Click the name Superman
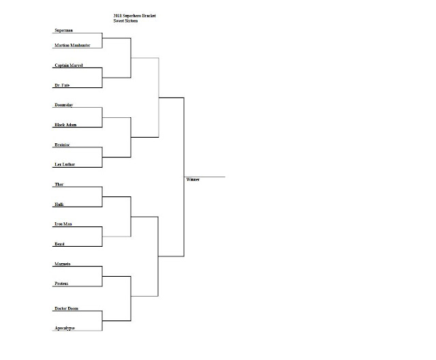click(x=64, y=31)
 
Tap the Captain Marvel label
click(x=69, y=65)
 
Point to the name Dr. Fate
click(x=63, y=85)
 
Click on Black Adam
click(x=66, y=125)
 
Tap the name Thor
click(x=59, y=185)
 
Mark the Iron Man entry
click(x=63, y=224)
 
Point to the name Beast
click(x=61, y=244)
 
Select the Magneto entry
click(x=63, y=263)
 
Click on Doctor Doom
click(x=67, y=309)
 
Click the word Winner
click(x=193, y=180)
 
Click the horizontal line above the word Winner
click(x=204, y=177)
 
